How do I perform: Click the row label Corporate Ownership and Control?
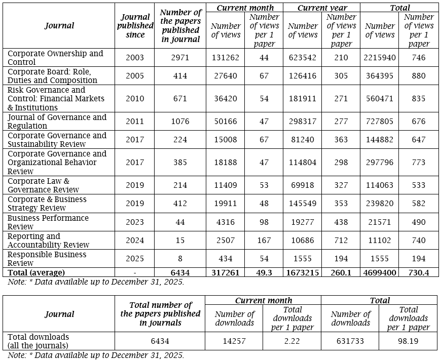point(55,58)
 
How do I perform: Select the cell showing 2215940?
point(379,58)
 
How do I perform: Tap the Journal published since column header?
point(135,26)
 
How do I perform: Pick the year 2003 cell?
point(135,58)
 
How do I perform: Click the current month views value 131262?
point(225,58)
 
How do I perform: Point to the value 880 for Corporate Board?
point(418,76)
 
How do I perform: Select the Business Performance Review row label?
point(48,222)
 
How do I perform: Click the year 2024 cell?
point(135,241)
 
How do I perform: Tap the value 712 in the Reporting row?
point(341,241)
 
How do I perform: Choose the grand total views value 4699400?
point(379,272)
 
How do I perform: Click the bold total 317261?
point(225,272)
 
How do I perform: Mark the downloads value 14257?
point(234,341)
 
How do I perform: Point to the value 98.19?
point(408,341)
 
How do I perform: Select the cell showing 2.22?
point(292,341)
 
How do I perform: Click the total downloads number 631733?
point(350,341)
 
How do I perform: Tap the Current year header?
point(322,8)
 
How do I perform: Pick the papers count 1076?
point(180,122)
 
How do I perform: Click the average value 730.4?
point(418,272)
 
